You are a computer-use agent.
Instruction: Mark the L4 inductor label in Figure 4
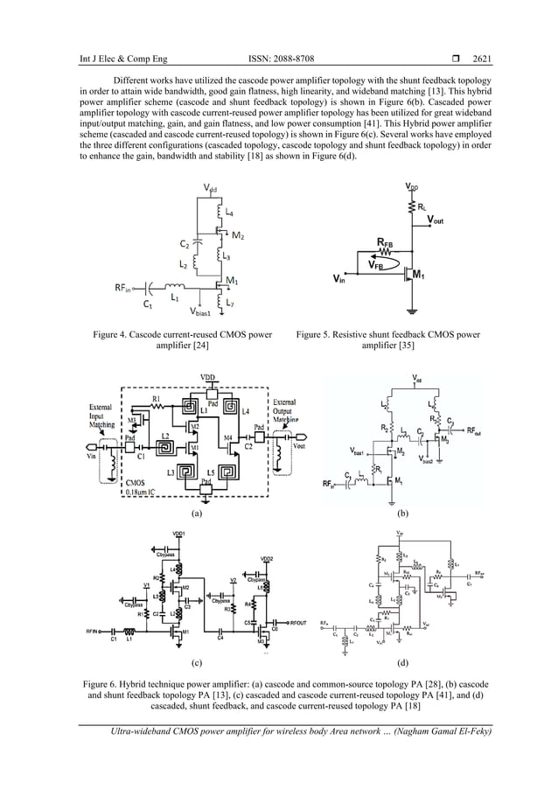(x=229, y=213)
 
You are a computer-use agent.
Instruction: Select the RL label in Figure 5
(x=423, y=207)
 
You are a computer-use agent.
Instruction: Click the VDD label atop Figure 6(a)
(x=209, y=377)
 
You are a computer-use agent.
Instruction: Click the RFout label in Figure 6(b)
(x=476, y=431)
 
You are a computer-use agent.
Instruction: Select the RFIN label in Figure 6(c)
(x=94, y=628)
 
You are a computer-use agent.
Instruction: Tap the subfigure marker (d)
(x=404, y=662)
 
